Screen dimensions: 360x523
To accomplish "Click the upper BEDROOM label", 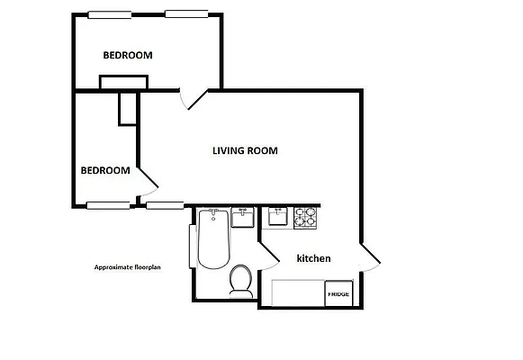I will point(127,55).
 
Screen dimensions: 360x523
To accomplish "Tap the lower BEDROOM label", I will point(104,170).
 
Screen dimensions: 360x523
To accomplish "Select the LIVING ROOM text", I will point(244,150).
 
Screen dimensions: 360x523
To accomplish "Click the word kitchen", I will point(313,258).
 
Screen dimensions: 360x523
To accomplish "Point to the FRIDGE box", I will point(338,293).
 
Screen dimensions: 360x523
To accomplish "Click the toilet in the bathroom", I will point(240,280).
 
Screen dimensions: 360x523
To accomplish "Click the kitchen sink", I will point(276,217).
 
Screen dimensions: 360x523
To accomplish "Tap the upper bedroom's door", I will point(192,97).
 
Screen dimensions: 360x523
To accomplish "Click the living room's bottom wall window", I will point(163,204).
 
